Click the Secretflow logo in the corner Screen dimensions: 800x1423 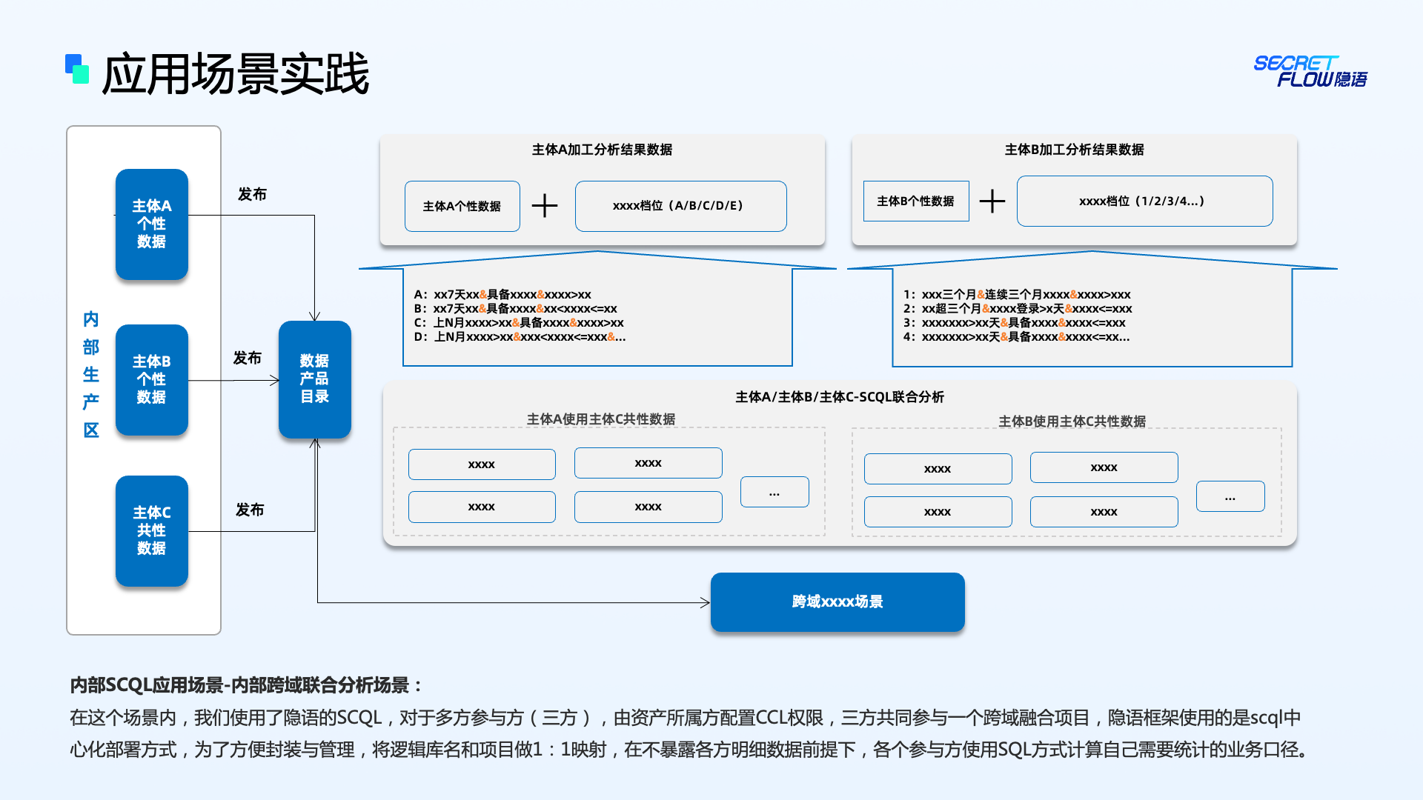point(1310,71)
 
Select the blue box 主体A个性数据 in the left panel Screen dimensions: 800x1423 point(151,224)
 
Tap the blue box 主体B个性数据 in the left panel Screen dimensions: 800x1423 point(151,379)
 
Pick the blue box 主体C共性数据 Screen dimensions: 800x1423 point(151,530)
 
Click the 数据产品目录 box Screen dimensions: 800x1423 point(314,379)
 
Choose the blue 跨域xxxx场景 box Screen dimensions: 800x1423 point(837,601)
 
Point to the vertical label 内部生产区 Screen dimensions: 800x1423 point(91,374)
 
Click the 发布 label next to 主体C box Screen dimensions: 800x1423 point(250,510)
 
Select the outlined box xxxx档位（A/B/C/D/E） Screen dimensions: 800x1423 point(680,206)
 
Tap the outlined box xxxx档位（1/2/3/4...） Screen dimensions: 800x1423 point(1144,201)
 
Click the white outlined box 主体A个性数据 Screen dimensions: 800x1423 point(462,206)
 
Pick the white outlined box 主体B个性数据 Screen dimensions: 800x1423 point(916,201)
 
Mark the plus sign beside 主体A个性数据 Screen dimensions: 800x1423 point(545,205)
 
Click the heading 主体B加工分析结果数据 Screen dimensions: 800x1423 point(1074,150)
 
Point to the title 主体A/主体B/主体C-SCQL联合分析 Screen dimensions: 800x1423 point(840,397)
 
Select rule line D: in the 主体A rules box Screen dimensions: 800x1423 point(520,337)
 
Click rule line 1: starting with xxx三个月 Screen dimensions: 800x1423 point(1017,295)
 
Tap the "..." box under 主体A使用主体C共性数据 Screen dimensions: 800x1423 point(774,492)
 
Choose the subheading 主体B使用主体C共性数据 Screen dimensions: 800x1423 point(1072,421)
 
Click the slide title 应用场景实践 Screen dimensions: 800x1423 point(235,74)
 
